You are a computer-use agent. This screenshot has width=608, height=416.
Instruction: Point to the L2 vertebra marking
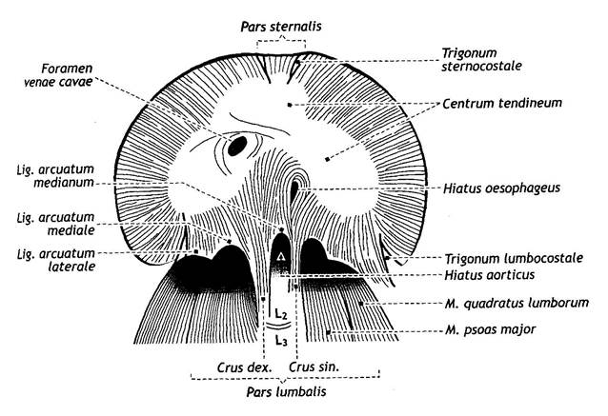[x=281, y=312]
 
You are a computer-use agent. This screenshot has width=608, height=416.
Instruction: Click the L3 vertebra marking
[x=281, y=340]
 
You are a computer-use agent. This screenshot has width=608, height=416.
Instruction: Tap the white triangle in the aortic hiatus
[x=281, y=258]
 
